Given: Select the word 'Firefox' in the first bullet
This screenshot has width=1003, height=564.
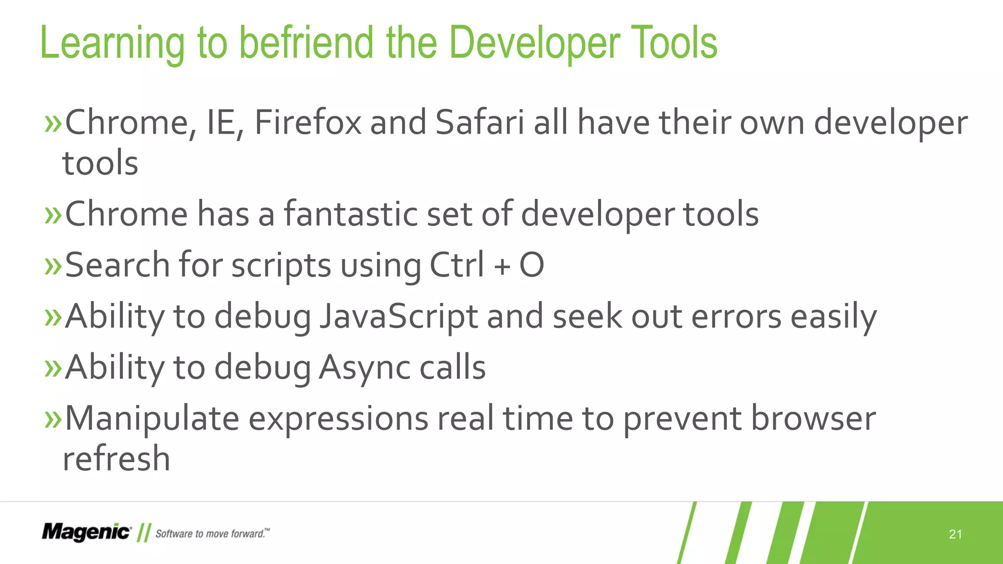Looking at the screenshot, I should pos(308,122).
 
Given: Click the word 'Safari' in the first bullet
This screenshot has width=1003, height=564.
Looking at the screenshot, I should pos(479,122).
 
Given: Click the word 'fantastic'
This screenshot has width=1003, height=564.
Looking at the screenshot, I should pos(351,214).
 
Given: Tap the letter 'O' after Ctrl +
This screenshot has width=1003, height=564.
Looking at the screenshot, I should pos(531,265).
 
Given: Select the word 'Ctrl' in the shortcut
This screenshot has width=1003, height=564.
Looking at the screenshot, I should pos(456,265).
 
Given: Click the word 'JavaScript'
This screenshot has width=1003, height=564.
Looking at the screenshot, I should pos(399,316).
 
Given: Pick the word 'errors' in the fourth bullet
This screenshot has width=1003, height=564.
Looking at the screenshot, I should pos(736,316).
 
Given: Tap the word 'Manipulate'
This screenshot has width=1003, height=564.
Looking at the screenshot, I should pos(152,419).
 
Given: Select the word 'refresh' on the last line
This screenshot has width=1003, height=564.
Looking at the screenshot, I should pos(116,459).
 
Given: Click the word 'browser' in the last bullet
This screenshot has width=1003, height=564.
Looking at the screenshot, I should pos(813,419).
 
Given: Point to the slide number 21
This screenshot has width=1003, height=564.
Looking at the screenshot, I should pos(955,534).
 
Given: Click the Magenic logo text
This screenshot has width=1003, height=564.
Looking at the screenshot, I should pos(86,532).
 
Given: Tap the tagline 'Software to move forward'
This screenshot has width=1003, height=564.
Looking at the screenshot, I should pos(212,534).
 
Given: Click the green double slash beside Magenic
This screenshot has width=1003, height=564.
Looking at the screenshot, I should pos(143,533).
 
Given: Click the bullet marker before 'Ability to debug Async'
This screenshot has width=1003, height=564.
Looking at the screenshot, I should pos(52,368).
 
